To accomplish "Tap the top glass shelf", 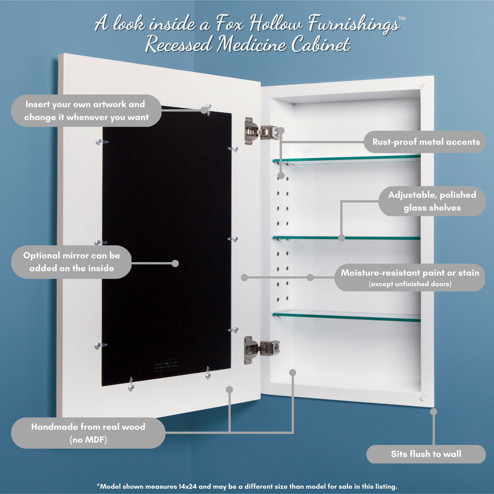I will point(347,159).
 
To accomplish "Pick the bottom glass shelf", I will point(347,317).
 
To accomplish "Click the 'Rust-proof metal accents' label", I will point(425,142).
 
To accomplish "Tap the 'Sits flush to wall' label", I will point(426,454).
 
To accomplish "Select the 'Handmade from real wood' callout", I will point(88,433).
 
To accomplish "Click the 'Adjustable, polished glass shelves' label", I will point(432,201).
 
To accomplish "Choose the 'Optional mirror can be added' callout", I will point(71,262).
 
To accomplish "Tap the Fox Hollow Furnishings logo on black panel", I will point(166,365).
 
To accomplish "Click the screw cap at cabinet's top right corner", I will point(423,86).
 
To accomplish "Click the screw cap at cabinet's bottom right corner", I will point(423,397).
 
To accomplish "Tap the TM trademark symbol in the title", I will point(401,19).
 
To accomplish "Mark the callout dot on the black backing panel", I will point(175,263).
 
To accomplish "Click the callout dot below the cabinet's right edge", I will point(433,411).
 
